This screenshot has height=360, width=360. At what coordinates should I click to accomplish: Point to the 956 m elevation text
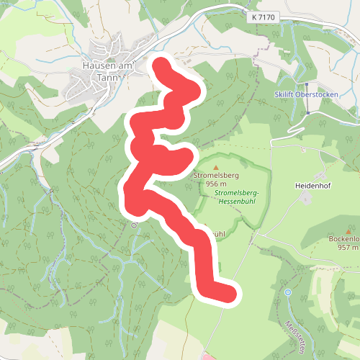click(217, 184)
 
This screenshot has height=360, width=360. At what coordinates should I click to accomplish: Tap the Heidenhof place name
click(313, 185)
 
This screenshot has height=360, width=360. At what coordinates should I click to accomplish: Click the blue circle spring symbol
click(287, 292)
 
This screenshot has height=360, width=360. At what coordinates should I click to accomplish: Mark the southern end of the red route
click(229, 293)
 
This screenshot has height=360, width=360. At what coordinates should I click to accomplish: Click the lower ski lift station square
click(307, 113)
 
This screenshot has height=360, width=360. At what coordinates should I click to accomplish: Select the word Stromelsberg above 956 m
click(216, 175)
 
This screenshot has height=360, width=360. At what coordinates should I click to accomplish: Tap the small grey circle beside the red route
click(134, 225)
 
